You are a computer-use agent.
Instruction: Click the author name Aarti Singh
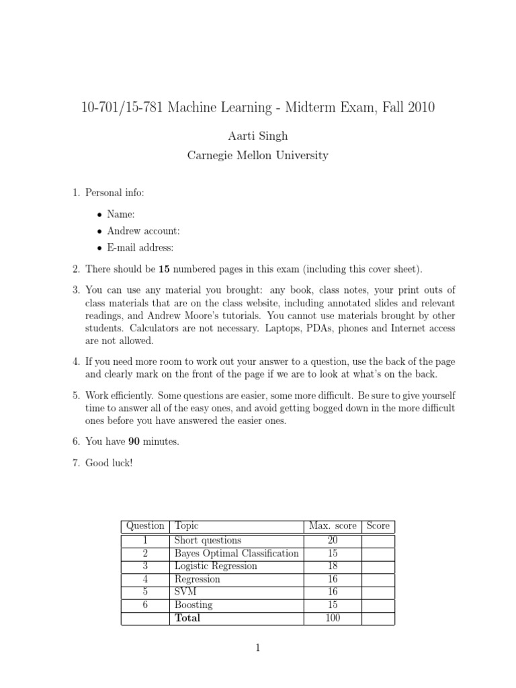point(258,136)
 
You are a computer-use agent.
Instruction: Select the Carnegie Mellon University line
point(258,155)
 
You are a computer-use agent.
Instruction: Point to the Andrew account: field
point(143,231)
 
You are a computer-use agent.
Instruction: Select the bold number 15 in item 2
point(165,269)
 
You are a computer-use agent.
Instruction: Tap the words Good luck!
point(109,463)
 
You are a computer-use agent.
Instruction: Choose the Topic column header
point(186,526)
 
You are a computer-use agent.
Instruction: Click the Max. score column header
point(333,526)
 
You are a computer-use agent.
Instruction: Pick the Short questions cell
point(208,540)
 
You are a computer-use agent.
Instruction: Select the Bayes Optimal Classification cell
point(236,553)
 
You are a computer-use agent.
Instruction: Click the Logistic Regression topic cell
point(216,566)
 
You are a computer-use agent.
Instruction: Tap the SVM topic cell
point(184,592)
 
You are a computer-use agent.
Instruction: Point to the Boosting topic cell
point(193,605)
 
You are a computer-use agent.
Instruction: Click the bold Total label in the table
point(187,617)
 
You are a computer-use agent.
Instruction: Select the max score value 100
point(333,617)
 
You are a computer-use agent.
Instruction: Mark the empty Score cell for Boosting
point(378,605)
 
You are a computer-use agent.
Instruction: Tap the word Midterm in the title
point(313,107)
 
